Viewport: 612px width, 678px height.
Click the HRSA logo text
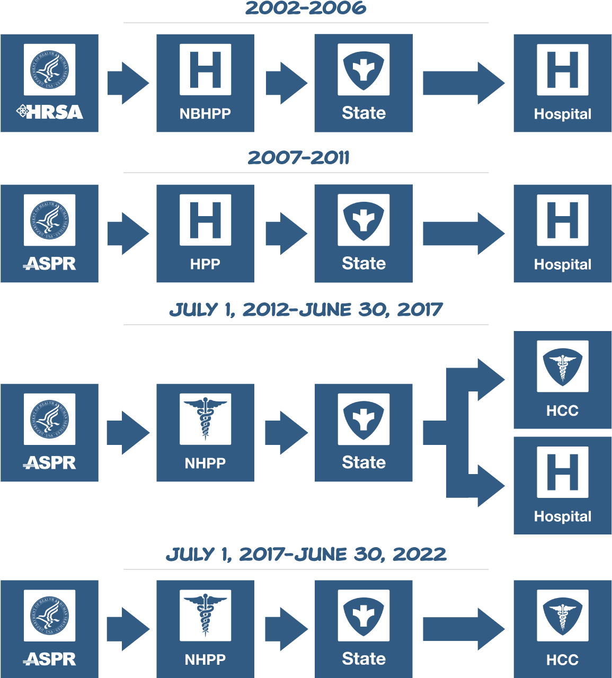click(50, 112)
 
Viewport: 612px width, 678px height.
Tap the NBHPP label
click(205, 113)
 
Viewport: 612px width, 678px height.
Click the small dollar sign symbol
click(309, 82)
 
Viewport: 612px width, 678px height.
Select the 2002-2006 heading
click(306, 8)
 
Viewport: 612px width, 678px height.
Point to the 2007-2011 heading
click(298, 158)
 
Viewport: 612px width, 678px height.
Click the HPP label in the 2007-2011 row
click(205, 264)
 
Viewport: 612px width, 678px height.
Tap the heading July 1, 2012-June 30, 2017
click(306, 310)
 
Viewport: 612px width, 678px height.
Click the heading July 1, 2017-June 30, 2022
click(306, 555)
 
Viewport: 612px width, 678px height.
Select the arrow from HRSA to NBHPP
click(128, 83)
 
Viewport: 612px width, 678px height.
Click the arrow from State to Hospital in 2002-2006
click(463, 83)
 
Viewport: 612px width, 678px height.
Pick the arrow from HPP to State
click(286, 234)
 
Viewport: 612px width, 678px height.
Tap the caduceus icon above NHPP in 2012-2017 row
click(205, 419)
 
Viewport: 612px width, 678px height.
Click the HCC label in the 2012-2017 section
click(562, 411)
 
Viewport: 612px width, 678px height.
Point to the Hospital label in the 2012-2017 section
click(562, 516)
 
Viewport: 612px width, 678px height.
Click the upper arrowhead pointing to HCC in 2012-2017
click(490, 379)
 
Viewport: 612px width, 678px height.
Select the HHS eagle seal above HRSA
click(49, 70)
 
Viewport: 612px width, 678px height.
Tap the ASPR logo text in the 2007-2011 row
click(50, 263)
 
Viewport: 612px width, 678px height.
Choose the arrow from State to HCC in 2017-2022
click(463, 629)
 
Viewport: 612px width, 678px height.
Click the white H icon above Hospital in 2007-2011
click(562, 220)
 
